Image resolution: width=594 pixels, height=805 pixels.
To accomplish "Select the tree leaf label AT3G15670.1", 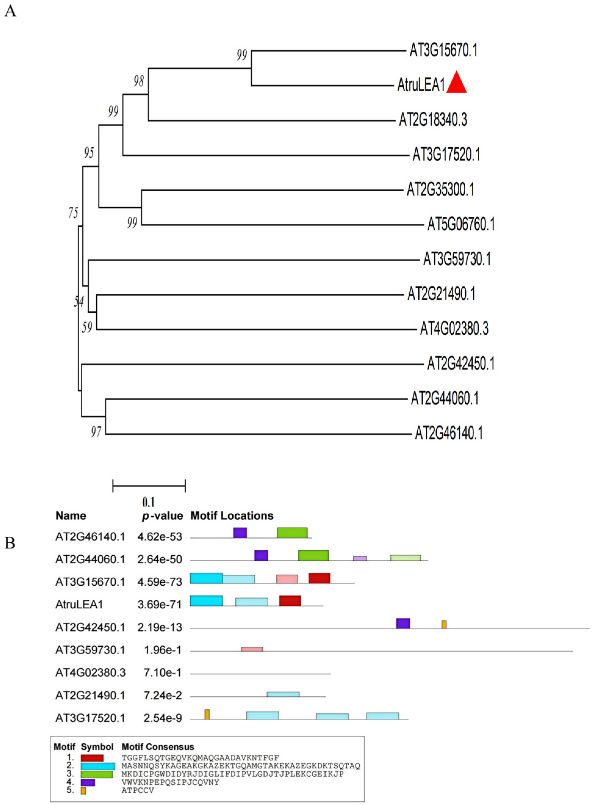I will click(x=443, y=50).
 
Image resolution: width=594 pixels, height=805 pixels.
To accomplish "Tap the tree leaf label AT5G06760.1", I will click(x=461, y=225).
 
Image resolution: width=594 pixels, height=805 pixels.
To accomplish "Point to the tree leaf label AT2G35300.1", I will click(x=440, y=189).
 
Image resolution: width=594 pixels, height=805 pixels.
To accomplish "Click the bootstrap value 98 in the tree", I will click(x=139, y=82).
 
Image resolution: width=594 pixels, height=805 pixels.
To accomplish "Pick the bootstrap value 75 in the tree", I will click(x=73, y=213).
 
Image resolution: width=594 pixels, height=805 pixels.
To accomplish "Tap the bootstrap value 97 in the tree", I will click(x=96, y=432).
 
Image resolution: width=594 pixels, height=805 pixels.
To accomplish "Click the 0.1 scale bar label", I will click(x=148, y=502).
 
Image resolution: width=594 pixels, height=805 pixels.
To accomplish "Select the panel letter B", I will click(x=10, y=543).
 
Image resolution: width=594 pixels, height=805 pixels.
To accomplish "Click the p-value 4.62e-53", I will click(x=160, y=537).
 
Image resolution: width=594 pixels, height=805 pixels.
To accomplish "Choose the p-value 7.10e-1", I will click(x=163, y=672).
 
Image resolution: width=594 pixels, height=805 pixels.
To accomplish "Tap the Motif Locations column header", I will click(x=232, y=516).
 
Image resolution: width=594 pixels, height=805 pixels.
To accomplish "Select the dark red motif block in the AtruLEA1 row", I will click(x=290, y=601).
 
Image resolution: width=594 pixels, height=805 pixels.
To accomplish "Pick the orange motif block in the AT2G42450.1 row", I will click(x=444, y=624).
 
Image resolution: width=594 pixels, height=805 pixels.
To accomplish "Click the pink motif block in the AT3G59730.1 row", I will click(x=252, y=649).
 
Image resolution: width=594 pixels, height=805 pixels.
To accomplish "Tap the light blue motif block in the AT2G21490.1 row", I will click(x=283, y=694).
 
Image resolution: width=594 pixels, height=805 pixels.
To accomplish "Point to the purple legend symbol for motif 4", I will click(x=88, y=782).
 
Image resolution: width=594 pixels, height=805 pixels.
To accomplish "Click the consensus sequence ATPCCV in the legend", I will click(x=138, y=790).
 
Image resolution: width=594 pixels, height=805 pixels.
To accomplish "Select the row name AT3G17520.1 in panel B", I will click(x=90, y=718).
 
